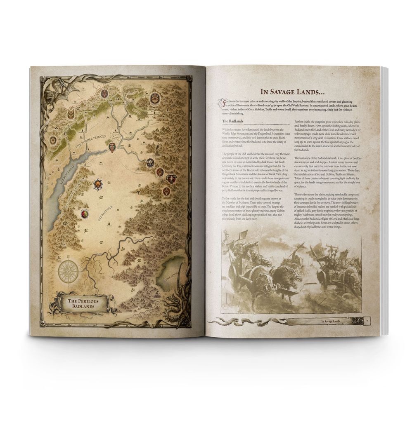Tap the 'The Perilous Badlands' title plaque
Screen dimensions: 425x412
pos(81,304)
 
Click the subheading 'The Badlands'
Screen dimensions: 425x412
pos(234,121)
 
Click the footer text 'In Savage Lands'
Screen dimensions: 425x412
pos(334,320)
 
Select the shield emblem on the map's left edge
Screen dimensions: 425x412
pos(53,140)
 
